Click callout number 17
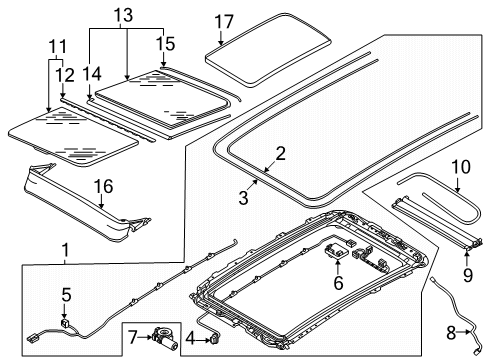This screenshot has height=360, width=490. click(224, 22)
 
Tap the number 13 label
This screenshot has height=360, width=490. click(123, 15)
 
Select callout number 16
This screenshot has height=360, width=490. click(104, 186)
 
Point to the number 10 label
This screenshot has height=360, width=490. click(461, 167)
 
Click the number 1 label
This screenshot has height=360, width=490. click(66, 250)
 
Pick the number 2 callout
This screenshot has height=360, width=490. click(281, 154)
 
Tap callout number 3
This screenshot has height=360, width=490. click(244, 198)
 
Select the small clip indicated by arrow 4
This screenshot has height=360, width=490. click(215, 339)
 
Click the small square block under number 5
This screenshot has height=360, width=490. click(64, 323)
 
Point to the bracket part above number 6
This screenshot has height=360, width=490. click(336, 250)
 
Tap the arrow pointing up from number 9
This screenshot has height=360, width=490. click(467, 260)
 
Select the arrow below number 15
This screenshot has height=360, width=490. click(163, 60)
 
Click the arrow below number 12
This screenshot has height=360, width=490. click(63, 90)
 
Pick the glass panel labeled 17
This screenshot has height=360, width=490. click(268, 50)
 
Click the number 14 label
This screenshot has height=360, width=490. click(92, 74)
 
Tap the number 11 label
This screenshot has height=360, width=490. click(58, 47)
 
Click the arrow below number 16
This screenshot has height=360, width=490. click(102, 202)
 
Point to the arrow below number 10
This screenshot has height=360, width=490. click(458, 184)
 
